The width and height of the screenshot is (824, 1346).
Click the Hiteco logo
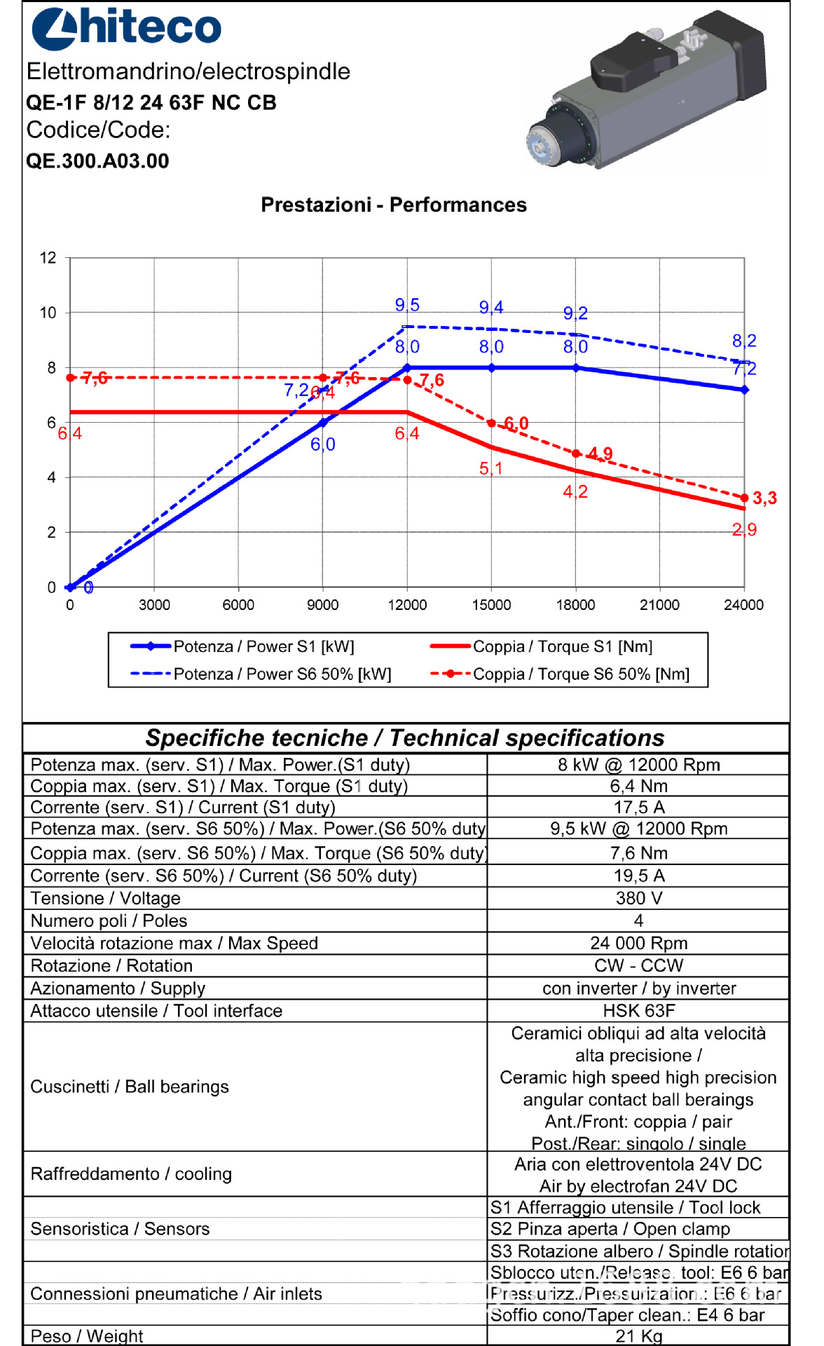(x=126, y=28)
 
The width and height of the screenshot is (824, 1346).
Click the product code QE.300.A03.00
(x=97, y=161)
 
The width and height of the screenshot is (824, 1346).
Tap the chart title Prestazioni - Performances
(x=393, y=205)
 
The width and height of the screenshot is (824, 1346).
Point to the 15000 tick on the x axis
(x=491, y=605)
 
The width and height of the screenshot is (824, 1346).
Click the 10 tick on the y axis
(x=48, y=313)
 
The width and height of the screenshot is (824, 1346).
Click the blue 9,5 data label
(x=407, y=305)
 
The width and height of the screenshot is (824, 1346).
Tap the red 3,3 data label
(x=764, y=498)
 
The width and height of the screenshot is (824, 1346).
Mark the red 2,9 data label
(x=744, y=530)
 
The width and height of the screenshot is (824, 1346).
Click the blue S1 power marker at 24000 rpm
(x=744, y=390)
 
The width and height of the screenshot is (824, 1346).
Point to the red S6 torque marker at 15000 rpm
(x=491, y=423)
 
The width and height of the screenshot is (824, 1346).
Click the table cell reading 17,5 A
(x=638, y=808)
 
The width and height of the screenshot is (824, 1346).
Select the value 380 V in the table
(x=638, y=898)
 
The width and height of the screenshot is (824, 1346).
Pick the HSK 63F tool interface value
(x=638, y=1011)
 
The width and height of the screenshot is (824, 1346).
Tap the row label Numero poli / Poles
(x=109, y=920)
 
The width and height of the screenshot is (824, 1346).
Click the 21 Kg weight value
(x=638, y=1336)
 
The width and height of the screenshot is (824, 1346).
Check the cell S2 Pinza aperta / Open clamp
(x=610, y=1229)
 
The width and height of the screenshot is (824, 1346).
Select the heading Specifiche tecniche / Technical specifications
(x=405, y=738)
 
